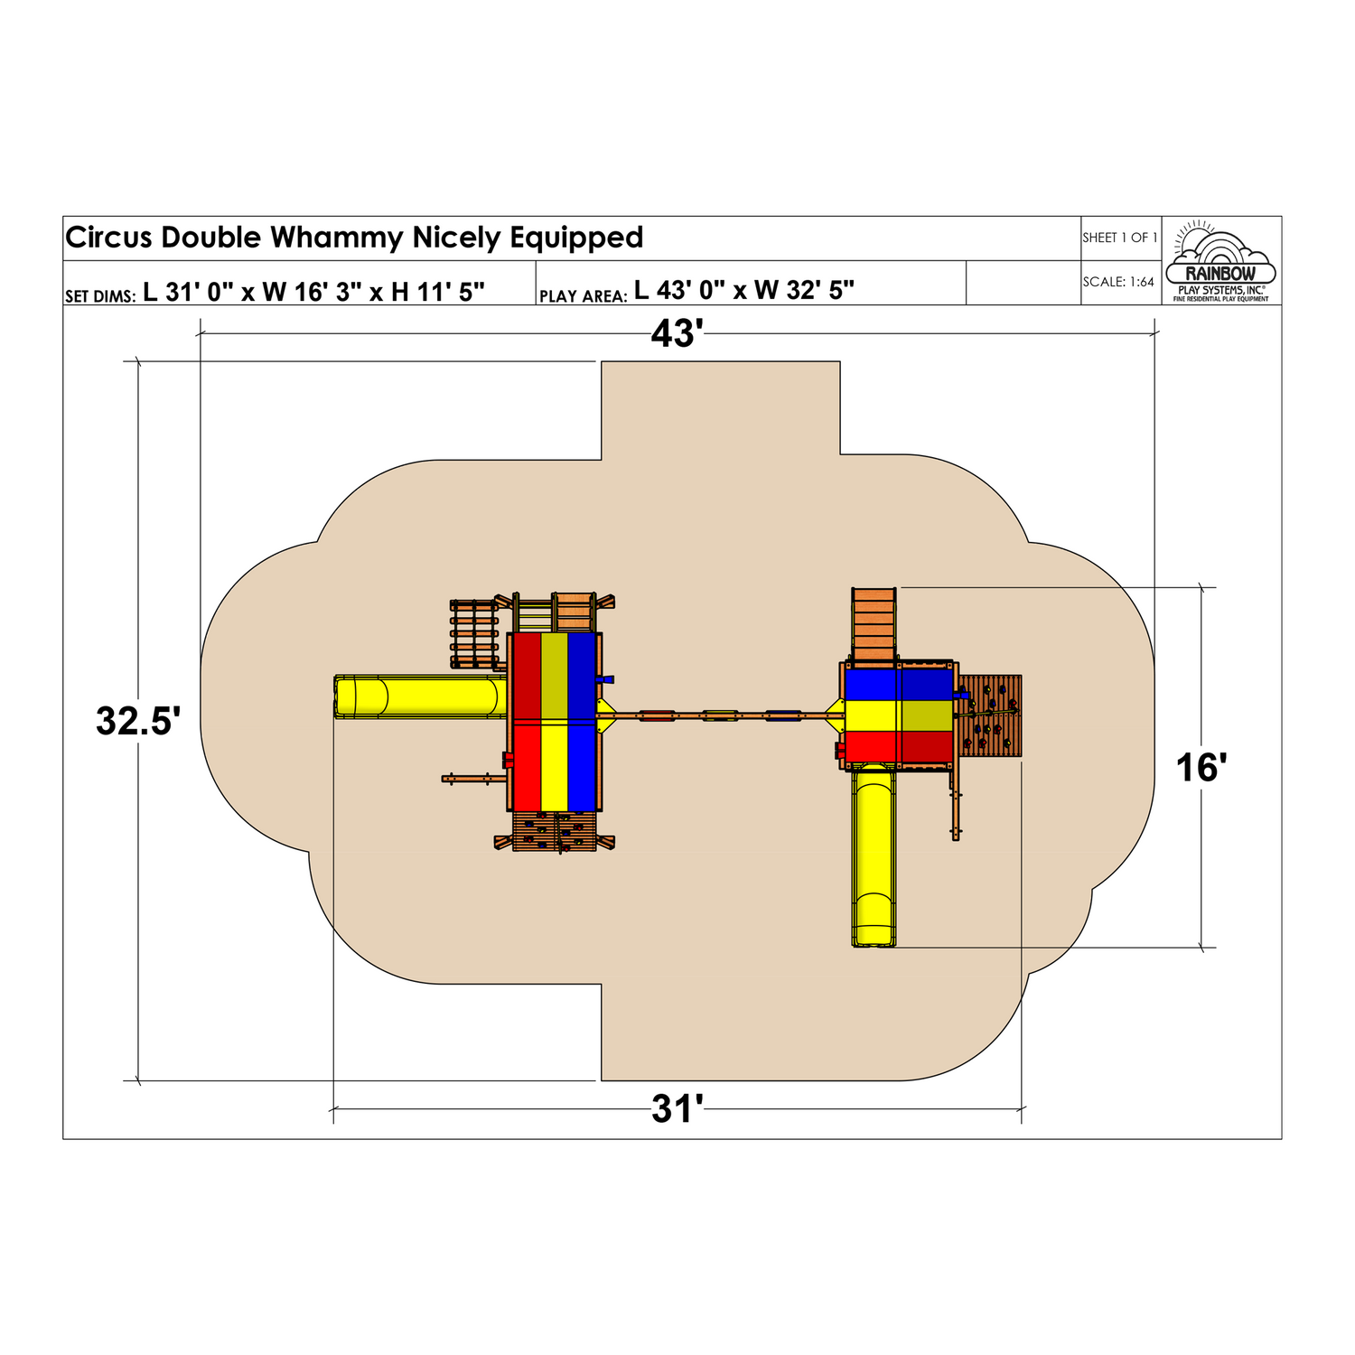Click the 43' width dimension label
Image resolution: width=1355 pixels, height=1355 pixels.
coord(677,334)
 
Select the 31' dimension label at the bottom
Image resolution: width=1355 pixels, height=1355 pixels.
coord(677,1109)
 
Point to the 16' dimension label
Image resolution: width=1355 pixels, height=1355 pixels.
coord(1201,768)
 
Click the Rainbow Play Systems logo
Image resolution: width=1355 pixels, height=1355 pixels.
coord(1220,261)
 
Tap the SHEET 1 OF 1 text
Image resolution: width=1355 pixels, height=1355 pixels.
coord(1119,238)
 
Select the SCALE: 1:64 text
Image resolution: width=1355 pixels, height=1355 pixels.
coord(1118,282)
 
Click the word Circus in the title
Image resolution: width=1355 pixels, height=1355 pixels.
coord(109,238)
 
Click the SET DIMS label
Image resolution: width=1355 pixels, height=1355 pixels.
coord(100,296)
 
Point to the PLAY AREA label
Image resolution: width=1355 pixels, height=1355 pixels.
coord(583,296)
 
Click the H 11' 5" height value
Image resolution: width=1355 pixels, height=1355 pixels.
coord(437,292)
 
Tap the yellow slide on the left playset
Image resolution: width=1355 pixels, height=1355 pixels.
coord(420,696)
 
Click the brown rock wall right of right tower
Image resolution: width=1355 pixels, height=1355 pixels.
coord(990,715)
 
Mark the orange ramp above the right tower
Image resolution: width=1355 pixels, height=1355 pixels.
coord(874,623)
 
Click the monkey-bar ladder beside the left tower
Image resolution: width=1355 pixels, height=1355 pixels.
coord(473,634)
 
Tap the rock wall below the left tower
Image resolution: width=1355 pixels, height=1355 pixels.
coord(554,831)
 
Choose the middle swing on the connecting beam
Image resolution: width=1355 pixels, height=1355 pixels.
coord(720,716)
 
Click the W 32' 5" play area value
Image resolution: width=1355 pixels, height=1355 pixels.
coord(804,290)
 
